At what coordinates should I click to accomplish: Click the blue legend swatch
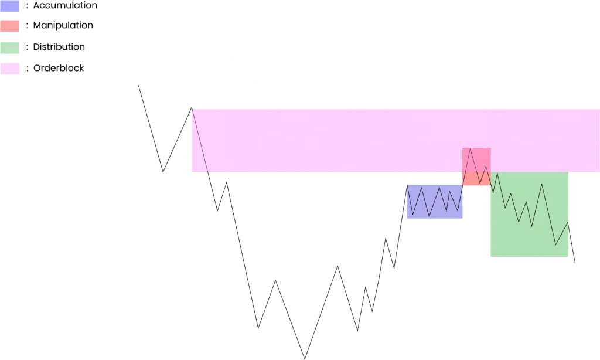pyautogui.click(x=9, y=6)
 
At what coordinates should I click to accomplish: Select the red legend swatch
pyautogui.click(x=9, y=26)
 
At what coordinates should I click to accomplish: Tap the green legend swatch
pyautogui.click(x=9, y=47)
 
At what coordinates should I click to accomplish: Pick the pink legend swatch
pyautogui.click(x=10, y=69)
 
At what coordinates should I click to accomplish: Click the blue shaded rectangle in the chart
pyautogui.click(x=435, y=202)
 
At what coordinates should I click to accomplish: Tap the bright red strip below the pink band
pyautogui.click(x=476, y=180)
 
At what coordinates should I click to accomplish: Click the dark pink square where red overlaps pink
pyautogui.click(x=476, y=160)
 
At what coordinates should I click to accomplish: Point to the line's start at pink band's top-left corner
pyautogui.click(x=192, y=108)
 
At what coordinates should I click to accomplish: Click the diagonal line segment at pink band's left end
pyautogui.click(x=200, y=141)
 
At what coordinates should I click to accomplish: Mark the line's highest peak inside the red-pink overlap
pyautogui.click(x=470, y=148)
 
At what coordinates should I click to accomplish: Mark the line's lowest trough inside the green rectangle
pyautogui.click(x=555, y=244)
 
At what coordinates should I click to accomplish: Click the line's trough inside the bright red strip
pyautogui.click(x=480, y=184)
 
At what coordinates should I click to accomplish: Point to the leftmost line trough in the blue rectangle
pyautogui.click(x=412, y=215)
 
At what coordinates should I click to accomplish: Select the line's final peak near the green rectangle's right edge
pyautogui.click(x=568, y=222)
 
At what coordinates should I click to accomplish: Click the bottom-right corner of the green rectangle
pyautogui.click(x=570, y=257)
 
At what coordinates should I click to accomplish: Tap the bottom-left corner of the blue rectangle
pyautogui.click(x=406, y=219)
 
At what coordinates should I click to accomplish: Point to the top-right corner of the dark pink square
pyautogui.click(x=490, y=148)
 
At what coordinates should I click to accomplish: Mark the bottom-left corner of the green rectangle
pyautogui.click(x=490, y=257)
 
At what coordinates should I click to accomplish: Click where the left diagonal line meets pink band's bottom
pyautogui.click(x=208, y=173)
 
